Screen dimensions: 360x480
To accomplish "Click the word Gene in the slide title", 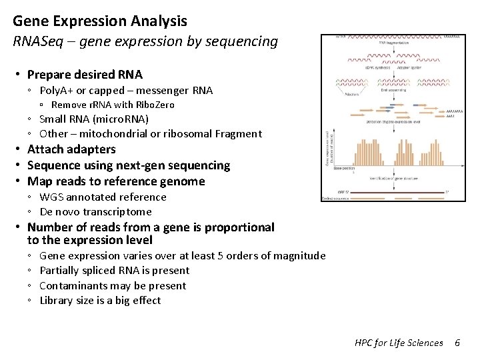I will point(30,21).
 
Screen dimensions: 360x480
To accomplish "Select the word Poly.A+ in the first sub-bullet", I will point(57,91).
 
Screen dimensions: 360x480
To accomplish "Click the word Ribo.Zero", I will point(155,105).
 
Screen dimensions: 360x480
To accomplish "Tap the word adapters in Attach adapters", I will point(91,149).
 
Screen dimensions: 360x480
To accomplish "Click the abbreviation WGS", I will point(51,197).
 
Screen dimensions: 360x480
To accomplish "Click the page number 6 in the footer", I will point(457,343).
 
